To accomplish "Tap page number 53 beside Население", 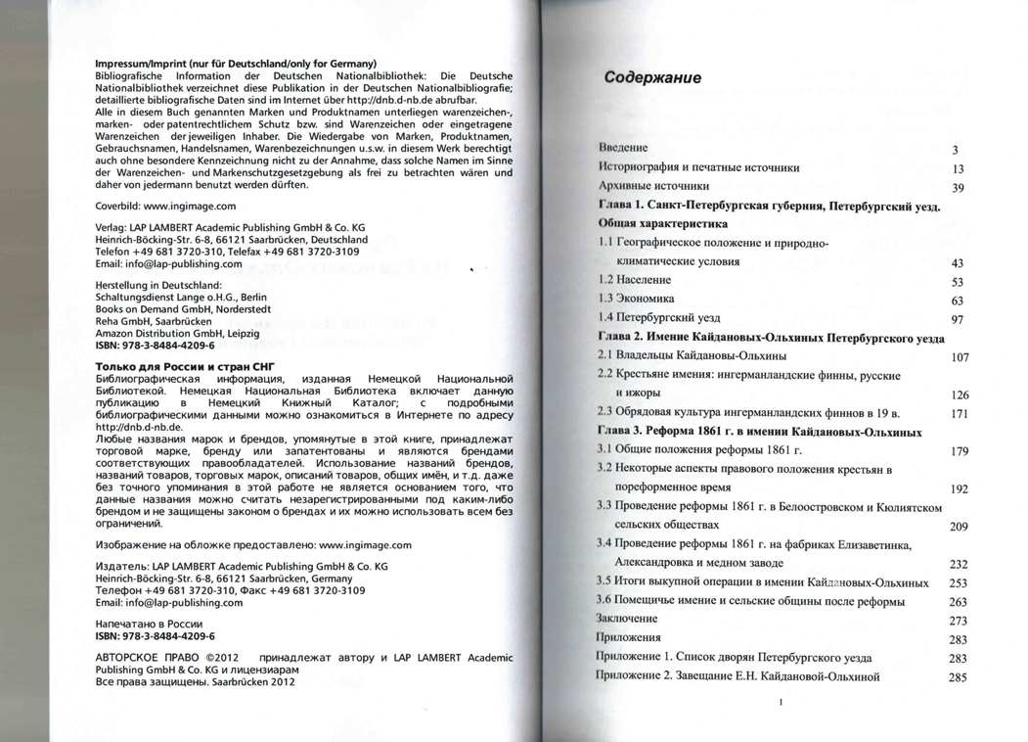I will [x=958, y=282].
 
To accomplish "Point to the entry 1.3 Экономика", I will [x=636, y=299].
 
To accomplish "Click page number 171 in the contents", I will [x=959, y=413].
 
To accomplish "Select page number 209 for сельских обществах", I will [x=959, y=526].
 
